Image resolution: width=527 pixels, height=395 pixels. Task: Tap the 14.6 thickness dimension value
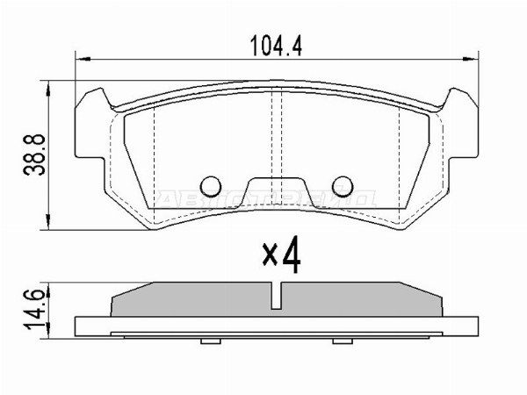pos(34,312)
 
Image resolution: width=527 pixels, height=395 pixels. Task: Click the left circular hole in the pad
pos(211,185)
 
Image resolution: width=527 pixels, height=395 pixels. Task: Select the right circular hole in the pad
pos(343,185)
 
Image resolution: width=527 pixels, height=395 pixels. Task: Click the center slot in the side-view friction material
pos(276,297)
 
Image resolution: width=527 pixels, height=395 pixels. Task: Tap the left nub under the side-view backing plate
pos(208,340)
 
